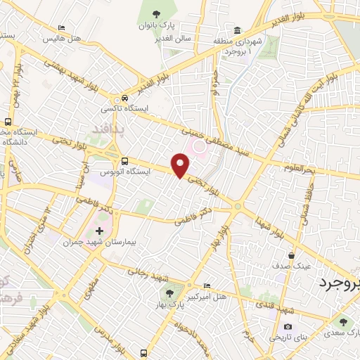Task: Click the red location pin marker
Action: coord(181,166)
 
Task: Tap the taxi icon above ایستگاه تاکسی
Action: coord(124,98)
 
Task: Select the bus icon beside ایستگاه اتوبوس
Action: coord(124,160)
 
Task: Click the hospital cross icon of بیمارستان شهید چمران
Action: coord(99,230)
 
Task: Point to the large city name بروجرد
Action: coord(334,283)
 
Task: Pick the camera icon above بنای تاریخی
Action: coord(288,327)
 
